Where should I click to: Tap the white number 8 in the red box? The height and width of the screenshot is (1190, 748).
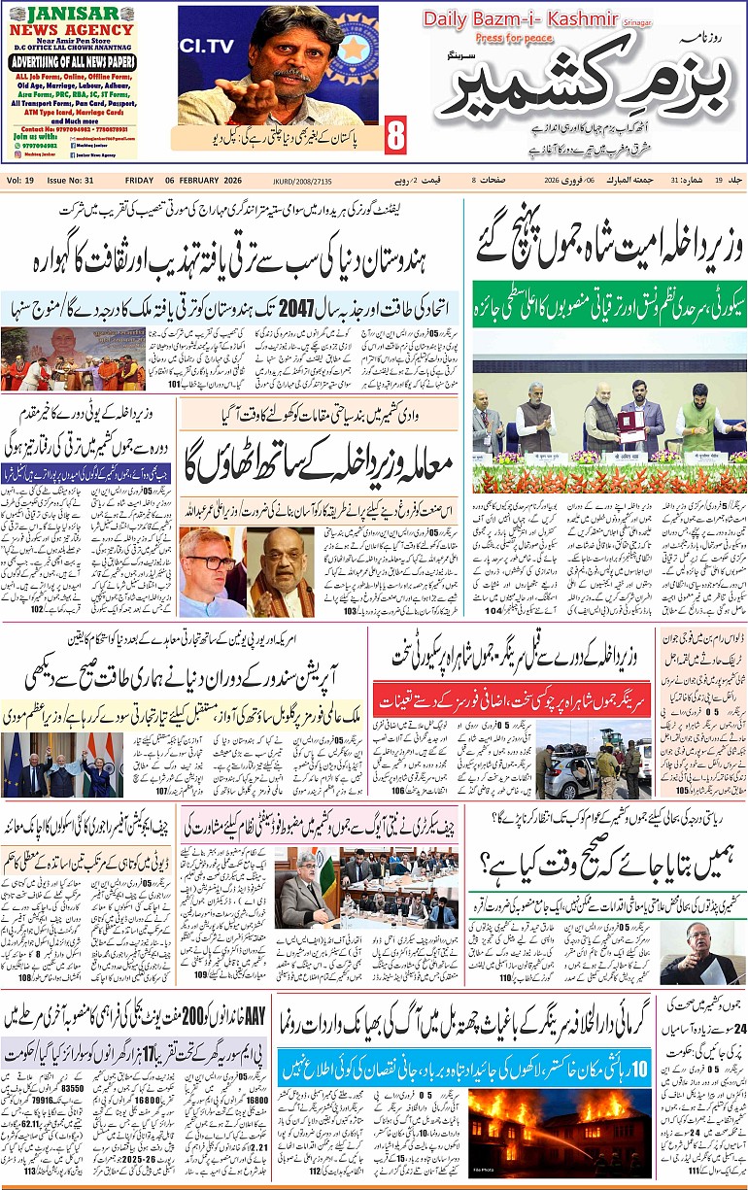(x=395, y=136)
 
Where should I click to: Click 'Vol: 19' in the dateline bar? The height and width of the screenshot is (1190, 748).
(x=22, y=181)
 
